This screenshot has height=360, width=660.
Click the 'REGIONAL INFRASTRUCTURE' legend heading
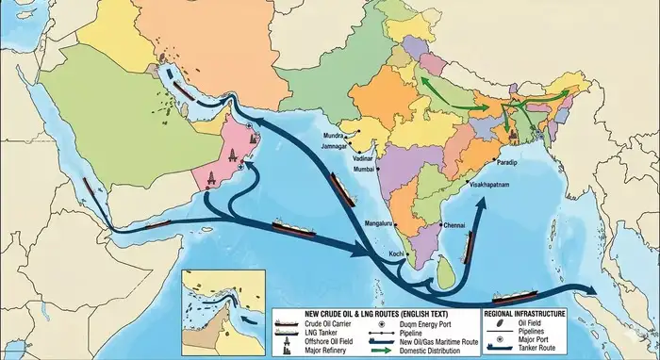[524, 312]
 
